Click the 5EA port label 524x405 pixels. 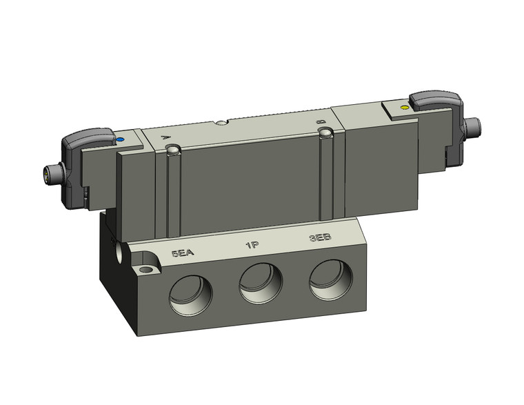(183, 253)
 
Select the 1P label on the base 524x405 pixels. (252, 246)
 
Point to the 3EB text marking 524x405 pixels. (321, 238)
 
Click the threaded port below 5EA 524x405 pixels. (190, 293)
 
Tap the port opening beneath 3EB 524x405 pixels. (330, 279)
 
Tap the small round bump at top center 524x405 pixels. (220, 124)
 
